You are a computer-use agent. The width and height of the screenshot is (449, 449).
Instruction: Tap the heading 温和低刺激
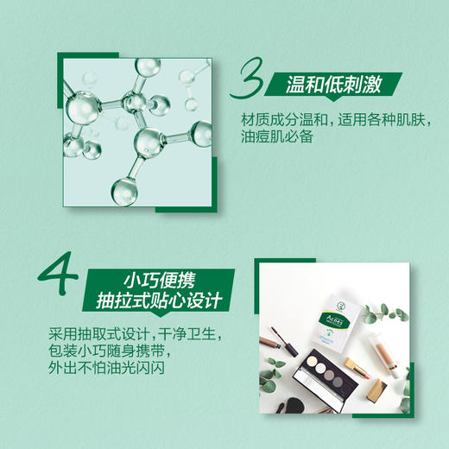[x=333, y=84]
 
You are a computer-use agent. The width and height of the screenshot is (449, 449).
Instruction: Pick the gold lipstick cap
[x=377, y=393]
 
